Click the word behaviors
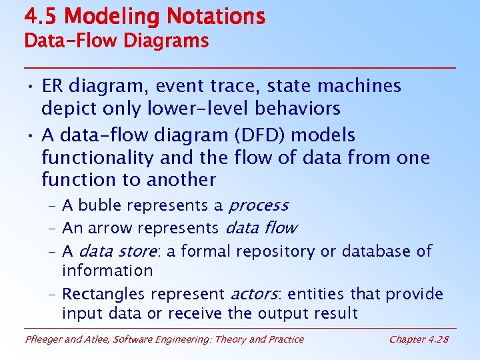point(303,108)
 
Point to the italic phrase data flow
point(261,229)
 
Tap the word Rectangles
point(104,294)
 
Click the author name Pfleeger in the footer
point(45,340)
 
